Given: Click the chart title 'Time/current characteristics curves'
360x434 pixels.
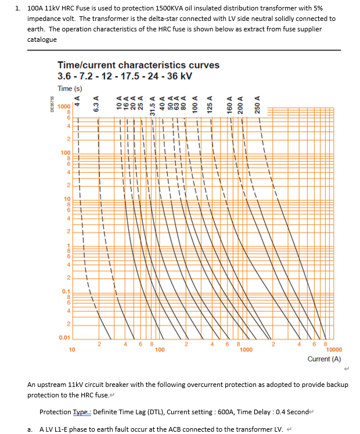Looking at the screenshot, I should point(138,64).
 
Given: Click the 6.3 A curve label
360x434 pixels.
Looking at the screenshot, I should point(98,102).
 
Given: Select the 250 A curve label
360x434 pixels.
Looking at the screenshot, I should point(258,102).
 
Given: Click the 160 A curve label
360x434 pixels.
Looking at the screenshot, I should point(230,102).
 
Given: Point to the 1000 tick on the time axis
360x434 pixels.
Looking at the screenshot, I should point(63,106).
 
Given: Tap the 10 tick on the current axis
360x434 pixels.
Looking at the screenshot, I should point(71,350).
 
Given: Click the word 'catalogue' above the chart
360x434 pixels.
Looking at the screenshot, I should point(42,40).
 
